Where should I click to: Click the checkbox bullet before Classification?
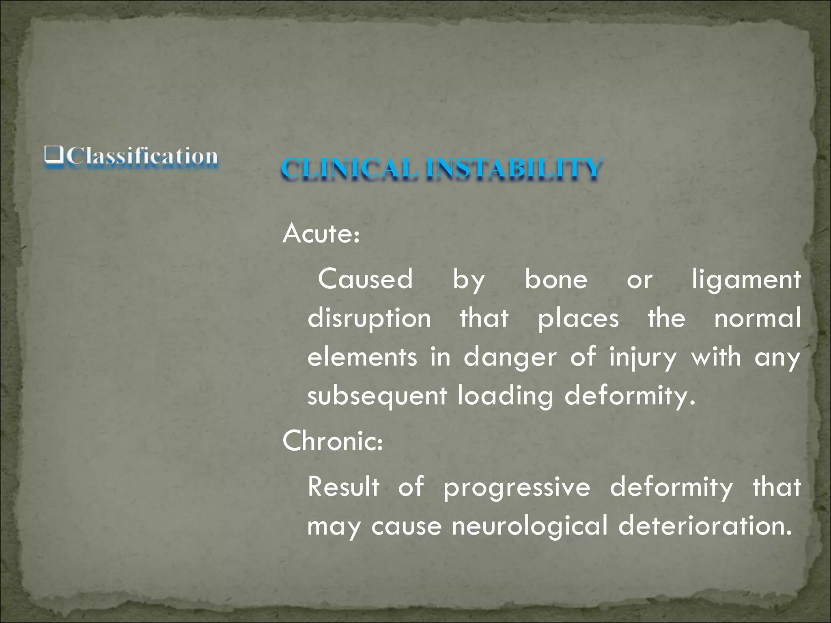[54, 156]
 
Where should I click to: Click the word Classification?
[142, 156]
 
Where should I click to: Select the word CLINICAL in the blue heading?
[349, 168]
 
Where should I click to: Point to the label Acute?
[321, 234]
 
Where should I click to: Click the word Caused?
[365, 279]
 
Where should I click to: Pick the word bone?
[556, 279]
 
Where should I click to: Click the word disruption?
[369, 319]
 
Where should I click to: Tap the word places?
[578, 319]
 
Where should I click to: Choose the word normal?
[757, 319]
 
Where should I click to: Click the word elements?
[362, 357]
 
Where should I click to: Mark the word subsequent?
[377, 396]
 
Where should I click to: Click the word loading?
[505, 396]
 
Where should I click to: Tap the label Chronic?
[332, 441]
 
